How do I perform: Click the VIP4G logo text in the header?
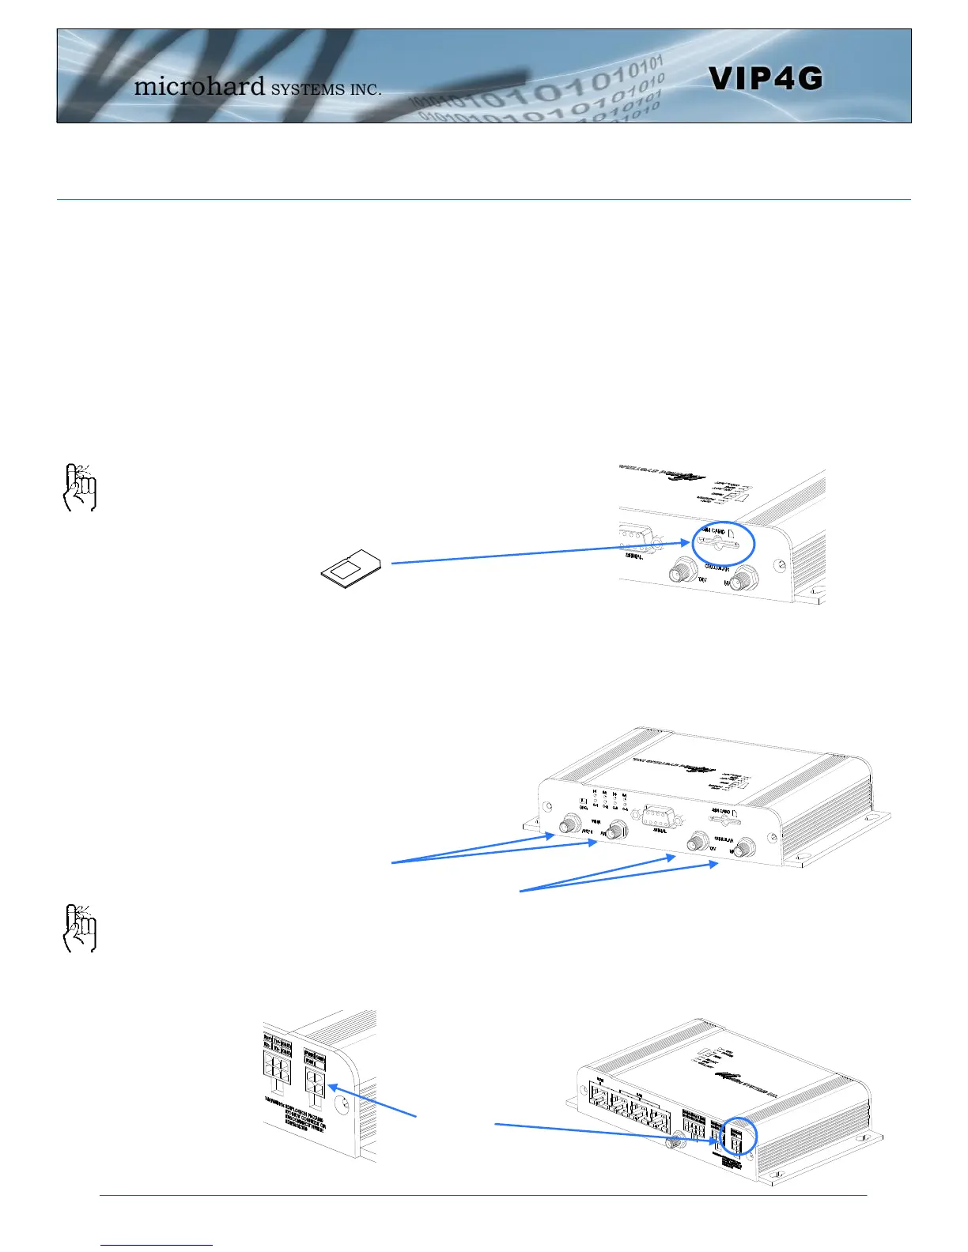pos(765,78)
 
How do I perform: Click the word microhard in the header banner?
pos(199,85)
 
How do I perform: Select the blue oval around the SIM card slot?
pos(724,544)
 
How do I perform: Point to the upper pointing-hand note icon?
pos(78,487)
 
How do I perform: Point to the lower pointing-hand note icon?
pos(78,927)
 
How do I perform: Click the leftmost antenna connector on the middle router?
pos(567,826)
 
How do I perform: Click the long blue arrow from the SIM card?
pos(538,553)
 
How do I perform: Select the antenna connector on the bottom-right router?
pos(675,1141)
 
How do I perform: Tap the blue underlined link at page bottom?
pos(157,1246)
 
